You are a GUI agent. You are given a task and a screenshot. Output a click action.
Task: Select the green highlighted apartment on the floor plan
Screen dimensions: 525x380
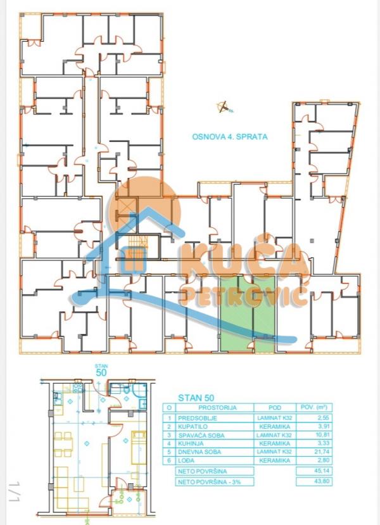click(x=248, y=313)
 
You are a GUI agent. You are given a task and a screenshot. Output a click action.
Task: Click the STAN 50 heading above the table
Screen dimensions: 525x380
click(x=193, y=398)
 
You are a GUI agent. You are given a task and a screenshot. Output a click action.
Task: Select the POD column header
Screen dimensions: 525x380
click(x=273, y=408)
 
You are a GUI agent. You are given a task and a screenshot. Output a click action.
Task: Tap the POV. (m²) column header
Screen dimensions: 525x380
click(x=314, y=408)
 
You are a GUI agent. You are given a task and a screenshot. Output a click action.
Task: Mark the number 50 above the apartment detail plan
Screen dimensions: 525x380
click(x=101, y=373)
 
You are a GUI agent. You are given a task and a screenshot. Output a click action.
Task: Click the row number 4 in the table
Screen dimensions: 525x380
click(x=168, y=445)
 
